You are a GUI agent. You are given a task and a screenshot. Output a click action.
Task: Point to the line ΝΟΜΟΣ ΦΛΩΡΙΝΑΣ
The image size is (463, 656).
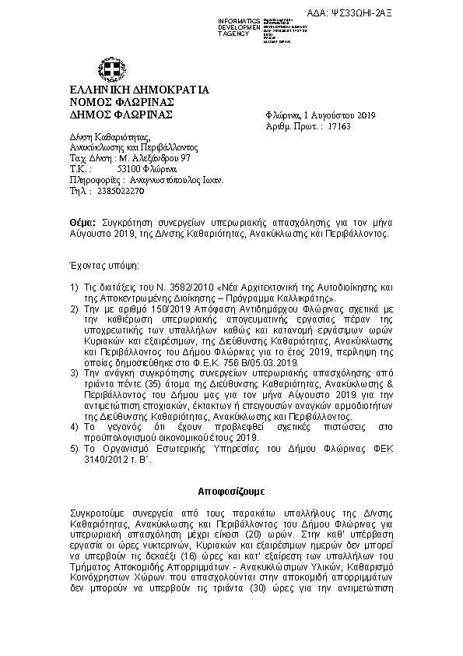[110, 102]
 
